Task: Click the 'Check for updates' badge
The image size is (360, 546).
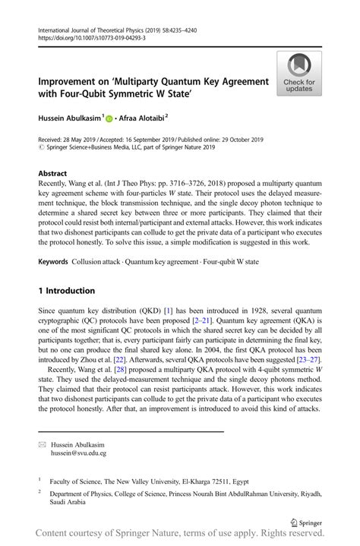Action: tap(299, 74)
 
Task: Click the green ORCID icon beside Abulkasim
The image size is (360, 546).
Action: tap(109, 118)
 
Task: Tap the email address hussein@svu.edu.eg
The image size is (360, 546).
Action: tap(78, 453)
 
